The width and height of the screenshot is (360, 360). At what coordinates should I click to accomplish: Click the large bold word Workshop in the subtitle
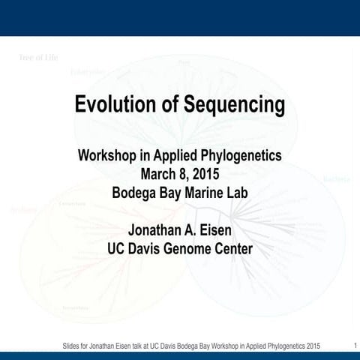tap(109, 157)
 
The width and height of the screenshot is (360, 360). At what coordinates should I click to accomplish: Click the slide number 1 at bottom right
tap(353, 344)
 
